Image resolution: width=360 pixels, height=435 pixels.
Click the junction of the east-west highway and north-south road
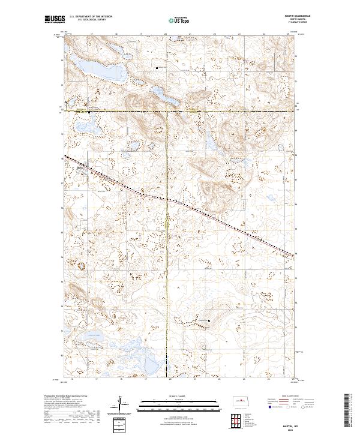(167, 111)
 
